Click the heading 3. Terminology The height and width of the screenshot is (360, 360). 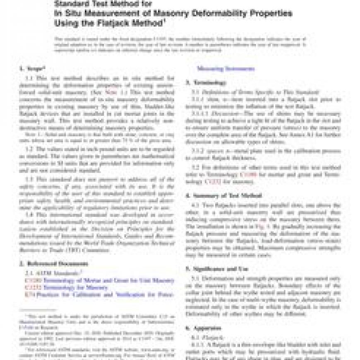[205, 82]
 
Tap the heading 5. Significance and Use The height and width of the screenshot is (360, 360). [219, 269]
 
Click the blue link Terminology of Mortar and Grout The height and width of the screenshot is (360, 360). [103, 280]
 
